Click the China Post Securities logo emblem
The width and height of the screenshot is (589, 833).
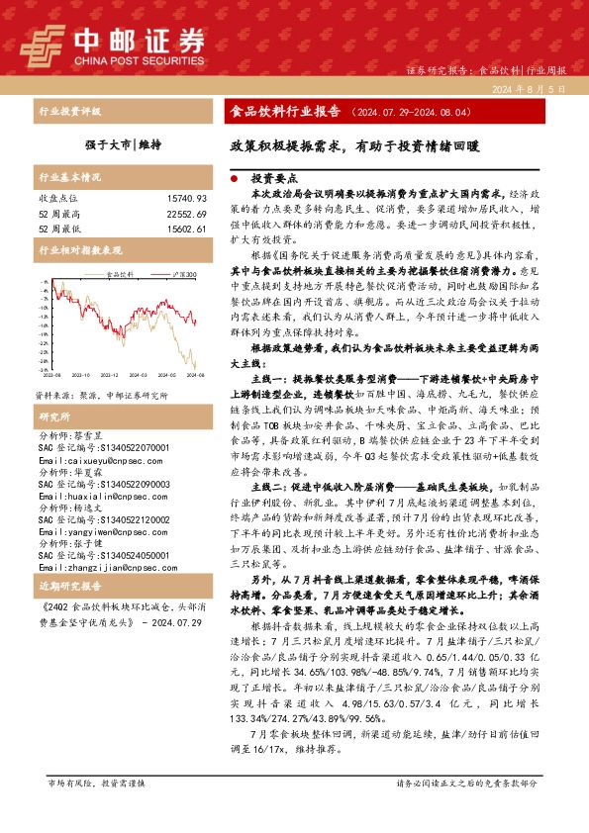coord(42,44)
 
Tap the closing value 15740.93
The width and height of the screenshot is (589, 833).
coord(186,199)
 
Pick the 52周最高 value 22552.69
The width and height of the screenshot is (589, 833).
coord(186,214)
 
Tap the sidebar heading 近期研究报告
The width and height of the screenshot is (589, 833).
coord(69,586)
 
